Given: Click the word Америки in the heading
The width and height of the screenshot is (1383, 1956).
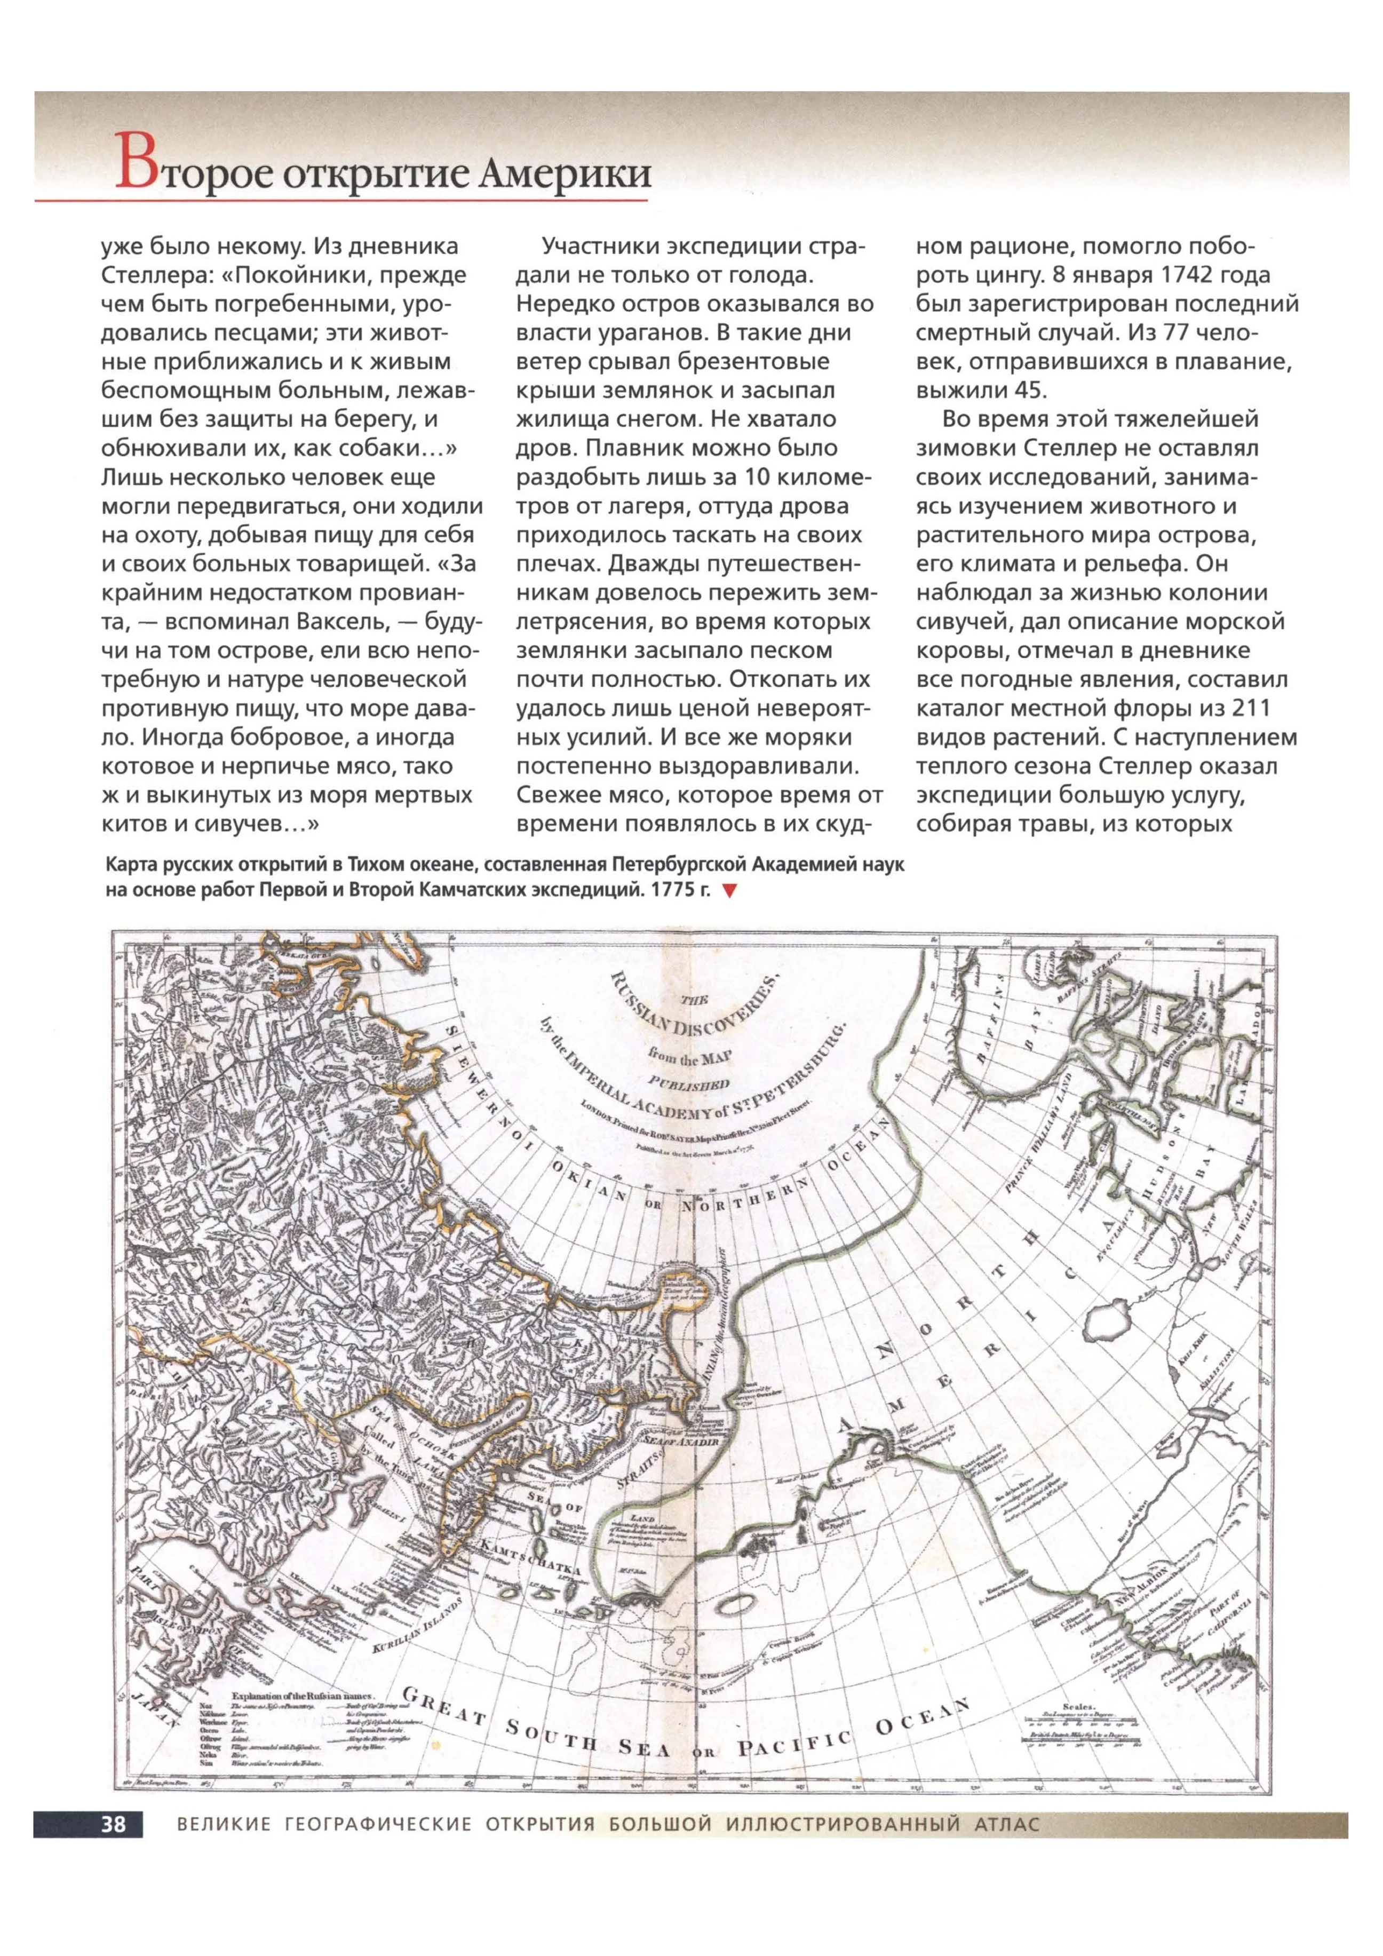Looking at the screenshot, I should (x=566, y=173).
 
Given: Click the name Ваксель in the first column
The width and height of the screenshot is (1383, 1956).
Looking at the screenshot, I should (x=343, y=621).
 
